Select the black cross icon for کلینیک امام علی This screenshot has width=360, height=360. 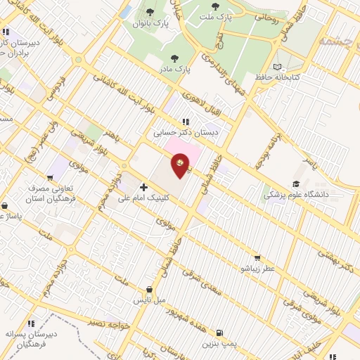click(143, 187)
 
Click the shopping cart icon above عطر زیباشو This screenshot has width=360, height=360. click(257, 257)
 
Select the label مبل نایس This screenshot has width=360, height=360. click(150, 300)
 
